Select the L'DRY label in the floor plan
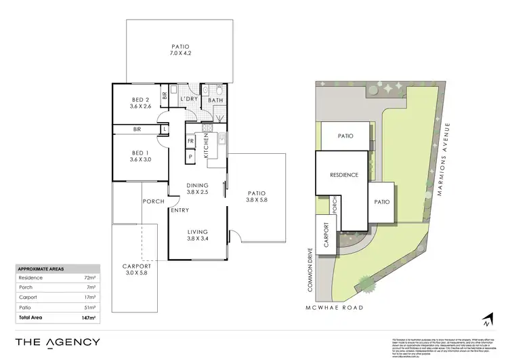click(189, 100)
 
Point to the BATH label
click(215, 100)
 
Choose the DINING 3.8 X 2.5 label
click(198, 189)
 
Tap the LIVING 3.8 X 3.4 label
click(198, 235)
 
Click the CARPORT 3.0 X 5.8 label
click(136, 270)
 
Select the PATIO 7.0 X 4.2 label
click(179, 51)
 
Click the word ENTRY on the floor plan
click(180, 210)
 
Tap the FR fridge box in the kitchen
click(191, 142)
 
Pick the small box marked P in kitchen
click(191, 157)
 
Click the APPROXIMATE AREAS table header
click(41, 269)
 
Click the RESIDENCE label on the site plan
click(344, 175)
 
